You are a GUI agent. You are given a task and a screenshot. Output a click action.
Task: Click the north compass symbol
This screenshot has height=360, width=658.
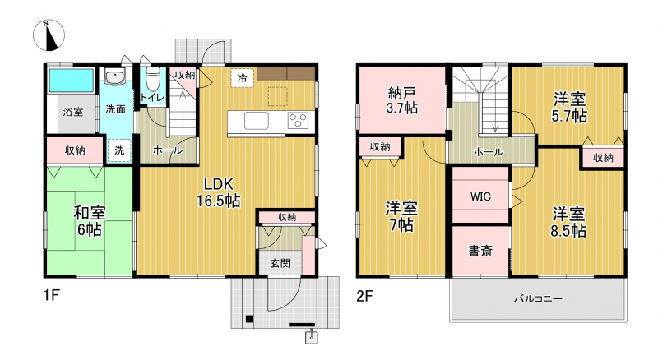(x=49, y=35)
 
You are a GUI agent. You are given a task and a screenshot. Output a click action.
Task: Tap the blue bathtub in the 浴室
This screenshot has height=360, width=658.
(x=72, y=81)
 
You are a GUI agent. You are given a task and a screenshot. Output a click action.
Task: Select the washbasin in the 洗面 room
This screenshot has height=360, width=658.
(x=114, y=76)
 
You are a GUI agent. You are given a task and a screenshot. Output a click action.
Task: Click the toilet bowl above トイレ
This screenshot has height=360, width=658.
(x=153, y=77)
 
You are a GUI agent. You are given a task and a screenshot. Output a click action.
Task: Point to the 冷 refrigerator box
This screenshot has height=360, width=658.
(x=242, y=77)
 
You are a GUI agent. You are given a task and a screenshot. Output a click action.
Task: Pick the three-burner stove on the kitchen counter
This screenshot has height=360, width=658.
(x=298, y=121)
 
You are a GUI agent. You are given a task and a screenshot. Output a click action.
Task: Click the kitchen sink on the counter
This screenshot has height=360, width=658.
(x=257, y=121)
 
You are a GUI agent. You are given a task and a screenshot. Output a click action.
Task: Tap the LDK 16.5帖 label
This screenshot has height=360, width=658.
(x=219, y=192)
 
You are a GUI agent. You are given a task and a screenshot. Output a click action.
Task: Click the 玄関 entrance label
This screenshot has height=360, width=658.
(x=280, y=264)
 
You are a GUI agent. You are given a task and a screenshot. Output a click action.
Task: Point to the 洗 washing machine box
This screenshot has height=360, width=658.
(x=119, y=150)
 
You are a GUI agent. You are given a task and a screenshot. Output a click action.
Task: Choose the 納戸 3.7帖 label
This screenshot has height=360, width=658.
(x=401, y=100)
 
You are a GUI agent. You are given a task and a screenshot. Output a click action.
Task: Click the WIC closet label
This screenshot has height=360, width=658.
(x=480, y=196)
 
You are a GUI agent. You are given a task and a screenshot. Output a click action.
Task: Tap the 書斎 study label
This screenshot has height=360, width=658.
(x=480, y=251)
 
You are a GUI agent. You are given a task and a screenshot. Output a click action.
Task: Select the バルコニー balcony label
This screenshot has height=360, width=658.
(x=538, y=299)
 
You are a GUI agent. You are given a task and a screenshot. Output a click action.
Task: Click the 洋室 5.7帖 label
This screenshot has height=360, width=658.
(x=569, y=108)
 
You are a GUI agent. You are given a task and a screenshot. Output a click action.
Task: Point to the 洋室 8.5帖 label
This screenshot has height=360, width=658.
(x=568, y=223)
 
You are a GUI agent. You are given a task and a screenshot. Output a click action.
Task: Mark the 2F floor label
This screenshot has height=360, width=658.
(x=364, y=296)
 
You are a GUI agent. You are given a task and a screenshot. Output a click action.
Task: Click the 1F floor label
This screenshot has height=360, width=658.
(x=51, y=295)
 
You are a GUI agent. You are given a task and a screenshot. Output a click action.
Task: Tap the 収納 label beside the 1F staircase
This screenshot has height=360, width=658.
(x=184, y=75)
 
